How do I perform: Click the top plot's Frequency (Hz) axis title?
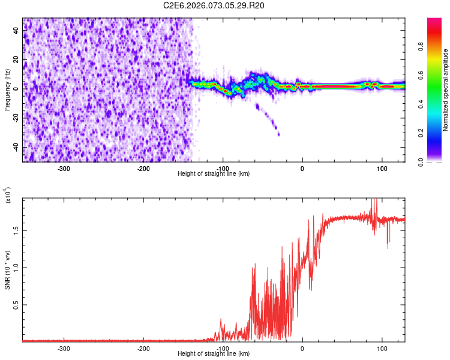click(7, 90)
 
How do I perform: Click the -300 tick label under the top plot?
click(64, 168)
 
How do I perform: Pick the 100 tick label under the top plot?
click(382, 168)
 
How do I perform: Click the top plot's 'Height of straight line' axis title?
click(214, 174)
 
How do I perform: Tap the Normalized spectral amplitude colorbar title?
click(446, 90)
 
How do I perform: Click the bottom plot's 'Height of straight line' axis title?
click(214, 354)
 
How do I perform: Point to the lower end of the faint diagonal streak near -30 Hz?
click(278, 134)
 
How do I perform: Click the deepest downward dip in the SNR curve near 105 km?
click(388, 248)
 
